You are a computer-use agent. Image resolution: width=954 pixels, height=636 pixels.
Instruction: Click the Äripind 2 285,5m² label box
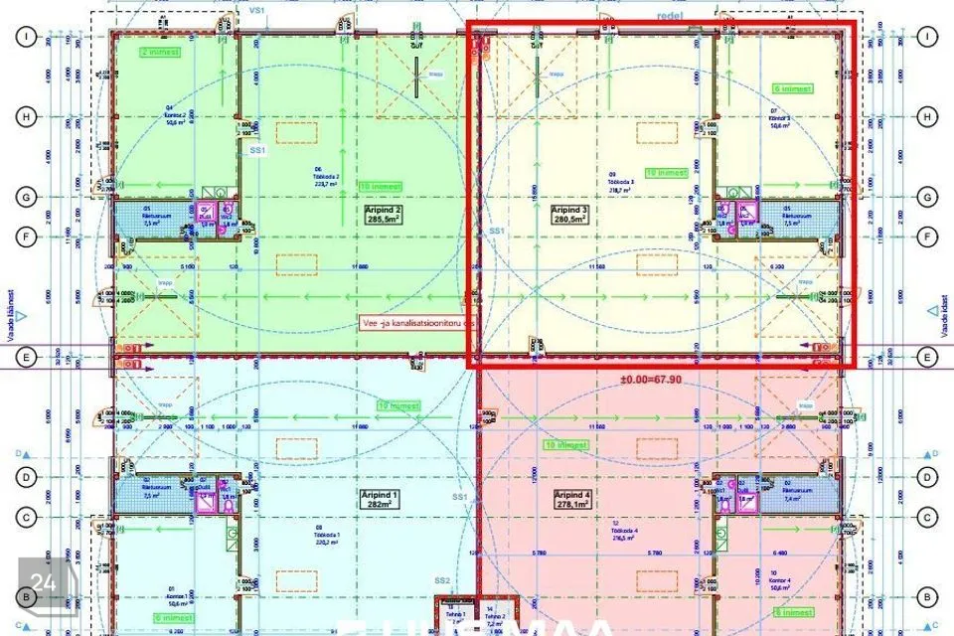(x=384, y=216)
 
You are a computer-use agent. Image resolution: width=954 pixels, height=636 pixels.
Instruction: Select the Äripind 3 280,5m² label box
(x=570, y=216)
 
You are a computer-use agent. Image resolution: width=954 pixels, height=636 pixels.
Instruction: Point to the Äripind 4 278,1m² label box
(x=571, y=499)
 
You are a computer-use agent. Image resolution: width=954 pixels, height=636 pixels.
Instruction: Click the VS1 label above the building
(x=256, y=10)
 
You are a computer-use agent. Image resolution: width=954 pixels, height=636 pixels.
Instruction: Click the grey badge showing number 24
(x=43, y=583)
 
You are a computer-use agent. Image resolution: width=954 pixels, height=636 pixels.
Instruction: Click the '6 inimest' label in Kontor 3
(x=794, y=88)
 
